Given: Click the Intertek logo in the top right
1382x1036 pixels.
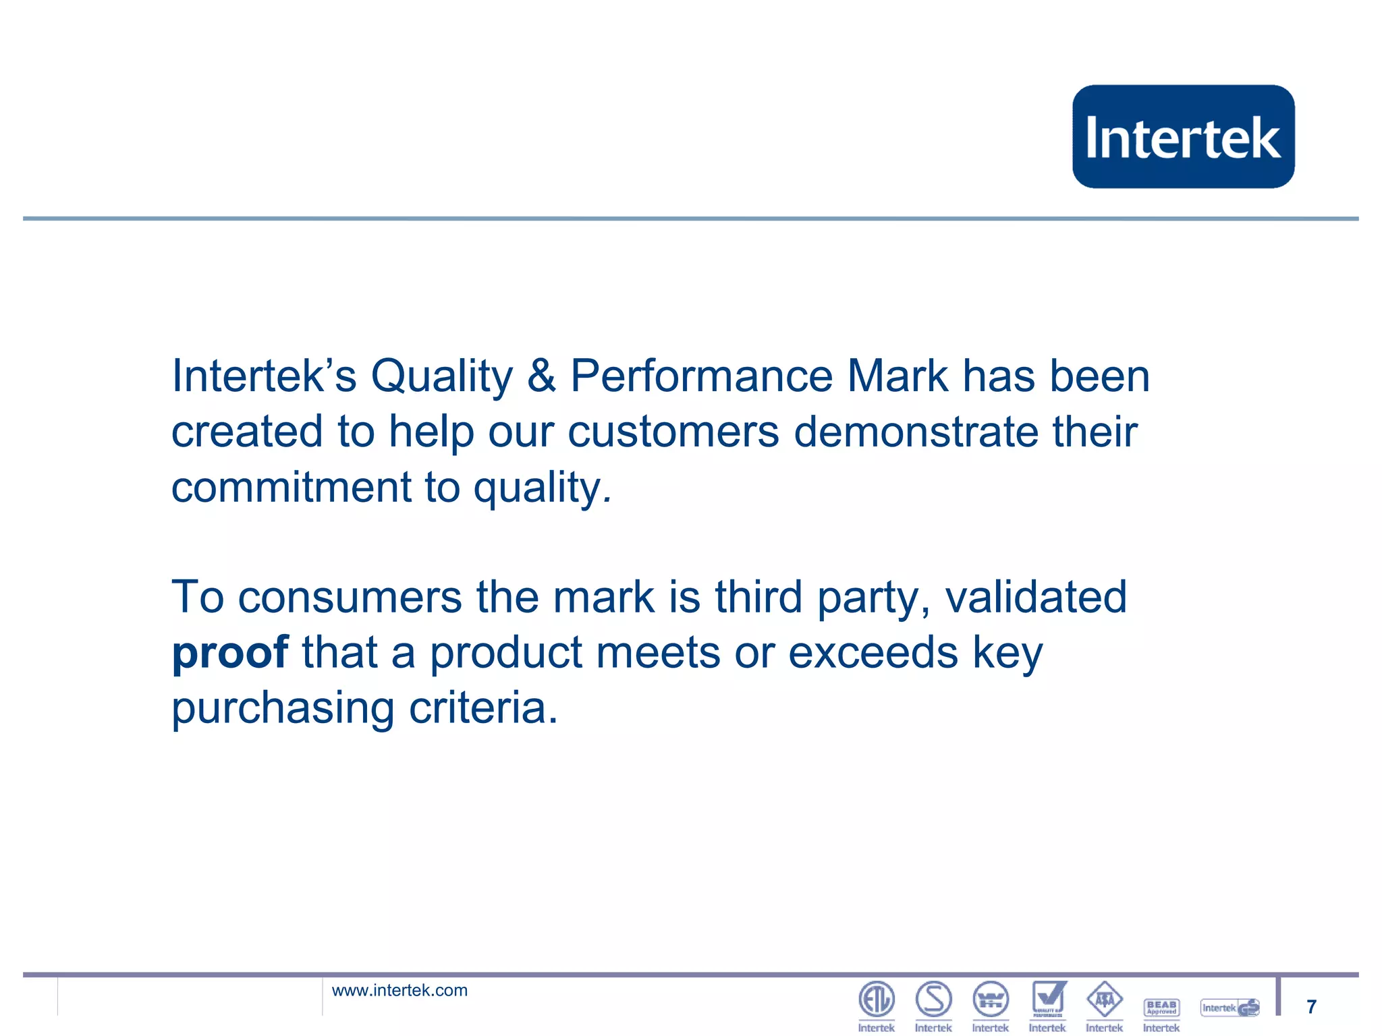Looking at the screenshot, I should pyautogui.click(x=1183, y=136).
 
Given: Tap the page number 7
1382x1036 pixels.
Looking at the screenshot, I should pyautogui.click(x=1311, y=1006).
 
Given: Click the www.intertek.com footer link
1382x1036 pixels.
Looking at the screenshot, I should pyautogui.click(x=399, y=990).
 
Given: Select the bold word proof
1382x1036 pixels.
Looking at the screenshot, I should pyautogui.click(x=230, y=653).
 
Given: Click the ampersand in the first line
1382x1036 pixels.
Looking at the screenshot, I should pyautogui.click(x=541, y=376).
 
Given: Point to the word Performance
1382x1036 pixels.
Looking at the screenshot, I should pyautogui.click(x=702, y=376).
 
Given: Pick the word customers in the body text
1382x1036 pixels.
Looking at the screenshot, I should pyautogui.click(x=673, y=432).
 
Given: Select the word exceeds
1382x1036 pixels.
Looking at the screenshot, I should pyautogui.click(x=873, y=653).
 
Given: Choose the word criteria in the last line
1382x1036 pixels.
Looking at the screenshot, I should pyautogui.click(x=483, y=708).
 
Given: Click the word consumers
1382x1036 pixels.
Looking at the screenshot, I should pyautogui.click(x=350, y=598).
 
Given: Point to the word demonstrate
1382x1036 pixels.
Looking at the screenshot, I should pyautogui.click(x=916, y=432).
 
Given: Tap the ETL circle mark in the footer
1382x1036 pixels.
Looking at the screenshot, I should pyautogui.click(x=876, y=999).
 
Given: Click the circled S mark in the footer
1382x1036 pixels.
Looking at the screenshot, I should pyautogui.click(x=933, y=999).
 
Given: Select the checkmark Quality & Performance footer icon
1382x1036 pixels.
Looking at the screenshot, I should pyautogui.click(x=1048, y=999).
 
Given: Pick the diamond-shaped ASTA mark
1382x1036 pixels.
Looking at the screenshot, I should pyautogui.click(x=1105, y=999).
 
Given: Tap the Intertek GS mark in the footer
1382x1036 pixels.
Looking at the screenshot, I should pyautogui.click(x=1230, y=1008).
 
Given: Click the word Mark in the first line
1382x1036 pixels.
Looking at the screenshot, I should pyautogui.click(x=897, y=376).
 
